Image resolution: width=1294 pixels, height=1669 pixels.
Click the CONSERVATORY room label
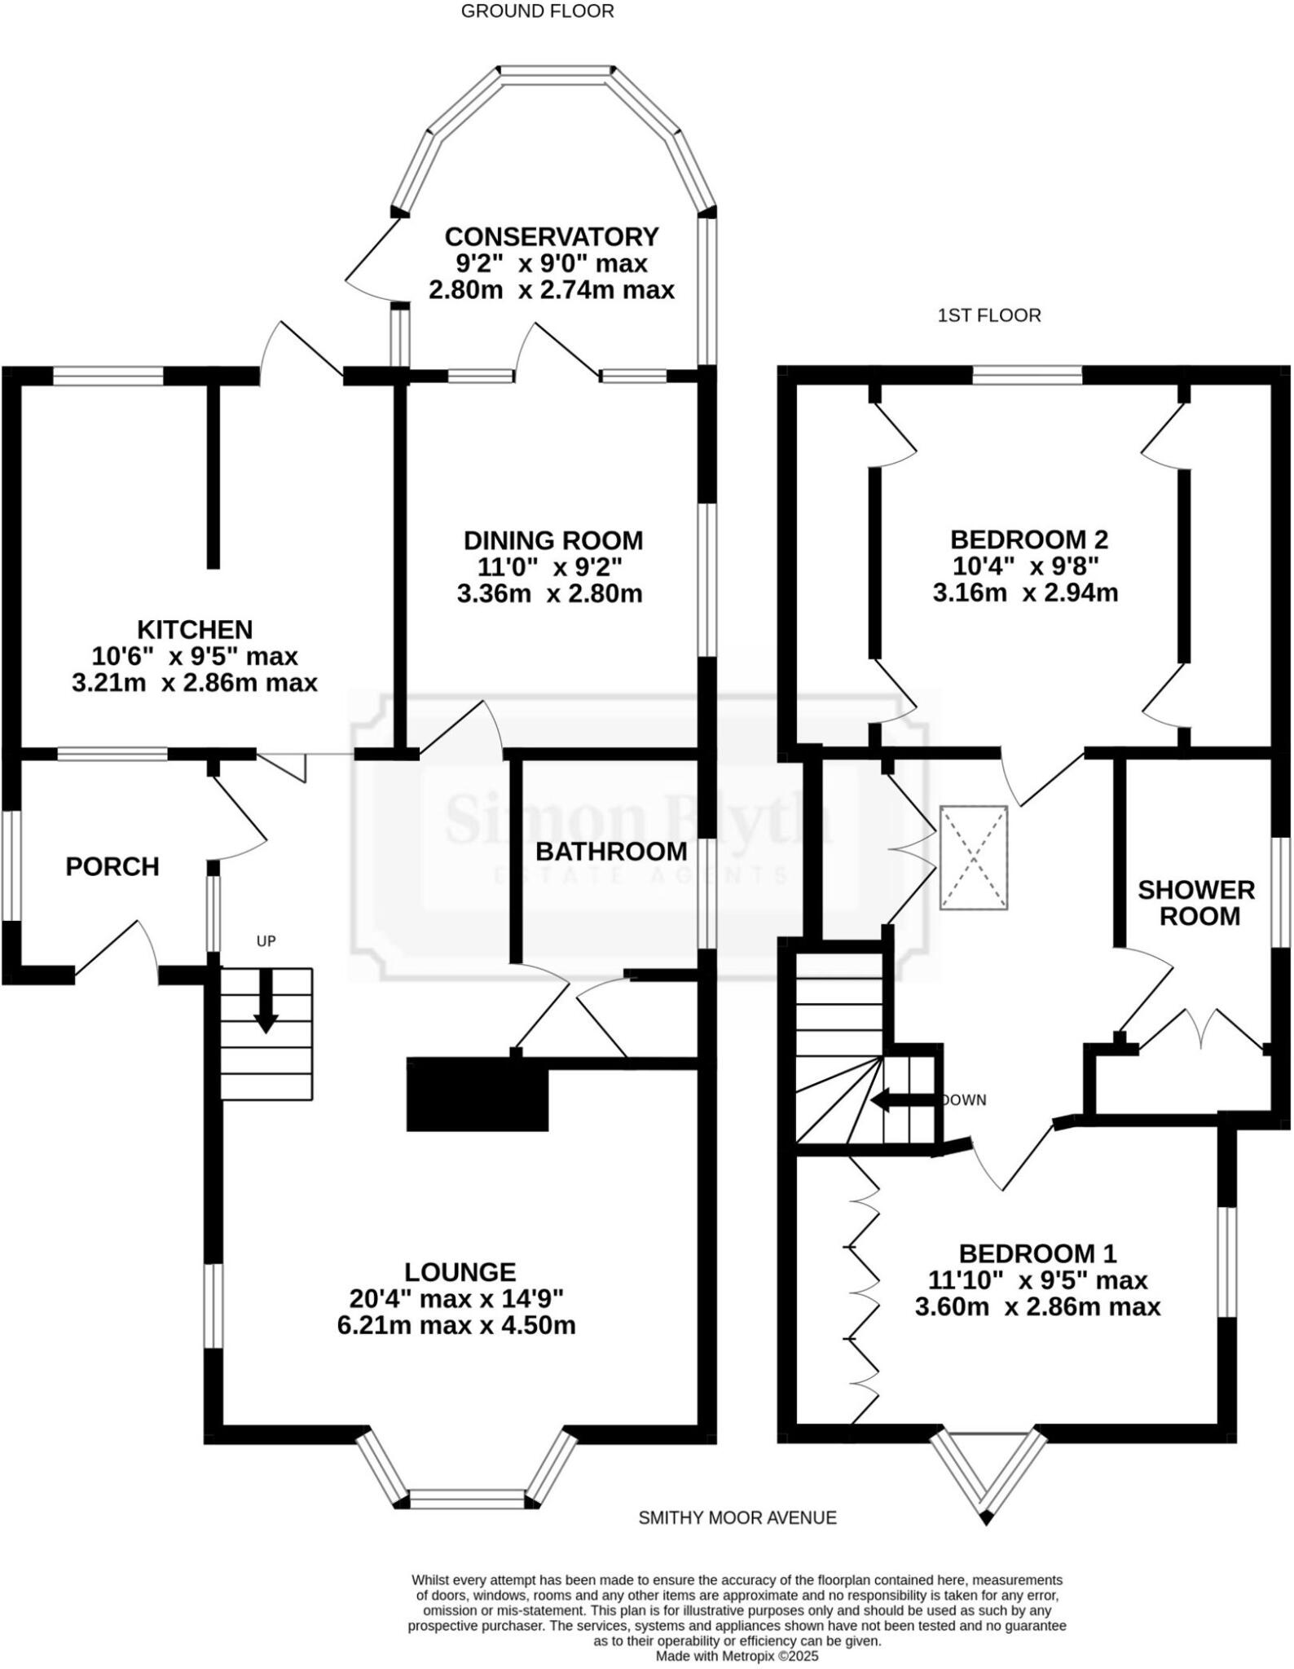tap(551, 237)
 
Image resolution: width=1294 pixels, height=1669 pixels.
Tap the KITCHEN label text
tap(195, 629)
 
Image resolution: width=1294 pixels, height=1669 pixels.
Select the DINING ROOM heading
tap(553, 540)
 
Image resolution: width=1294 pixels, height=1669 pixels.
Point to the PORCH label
tap(112, 867)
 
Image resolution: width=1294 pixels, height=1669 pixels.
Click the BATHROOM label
tap(611, 852)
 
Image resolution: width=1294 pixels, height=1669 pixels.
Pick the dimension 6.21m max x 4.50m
tap(456, 1325)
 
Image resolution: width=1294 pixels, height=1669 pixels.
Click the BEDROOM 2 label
tap(1029, 539)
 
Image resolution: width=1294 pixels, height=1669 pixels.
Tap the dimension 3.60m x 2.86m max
tap(1037, 1307)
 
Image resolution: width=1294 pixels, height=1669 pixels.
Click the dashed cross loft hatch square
tap(974, 858)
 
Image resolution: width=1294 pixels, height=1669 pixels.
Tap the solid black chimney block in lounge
tap(478, 1095)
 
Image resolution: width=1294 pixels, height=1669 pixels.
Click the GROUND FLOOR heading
tap(537, 11)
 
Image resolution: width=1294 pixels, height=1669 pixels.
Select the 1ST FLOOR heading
tap(989, 315)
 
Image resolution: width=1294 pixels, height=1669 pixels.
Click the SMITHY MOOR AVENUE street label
tap(737, 1517)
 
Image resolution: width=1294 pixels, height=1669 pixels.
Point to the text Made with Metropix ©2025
tap(737, 1656)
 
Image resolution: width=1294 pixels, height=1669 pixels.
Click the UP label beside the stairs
tap(266, 941)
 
